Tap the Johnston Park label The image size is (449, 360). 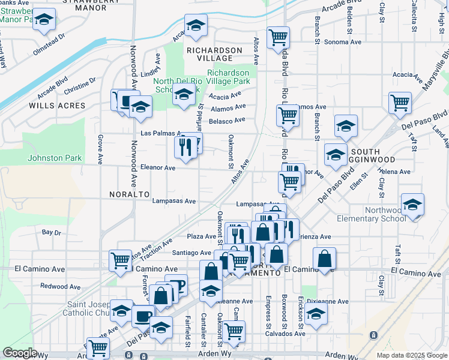[54, 158]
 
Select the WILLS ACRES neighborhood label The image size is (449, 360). [57, 106]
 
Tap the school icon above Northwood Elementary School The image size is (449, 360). [412, 205]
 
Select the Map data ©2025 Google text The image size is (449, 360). [411, 355]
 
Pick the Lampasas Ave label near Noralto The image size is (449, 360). [174, 201]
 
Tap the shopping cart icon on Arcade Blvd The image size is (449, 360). [278, 38]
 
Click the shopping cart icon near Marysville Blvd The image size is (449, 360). [399, 103]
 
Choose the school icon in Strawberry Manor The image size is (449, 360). [44, 20]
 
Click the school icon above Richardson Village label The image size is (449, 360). [196, 25]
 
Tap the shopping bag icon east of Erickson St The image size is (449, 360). [324, 259]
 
